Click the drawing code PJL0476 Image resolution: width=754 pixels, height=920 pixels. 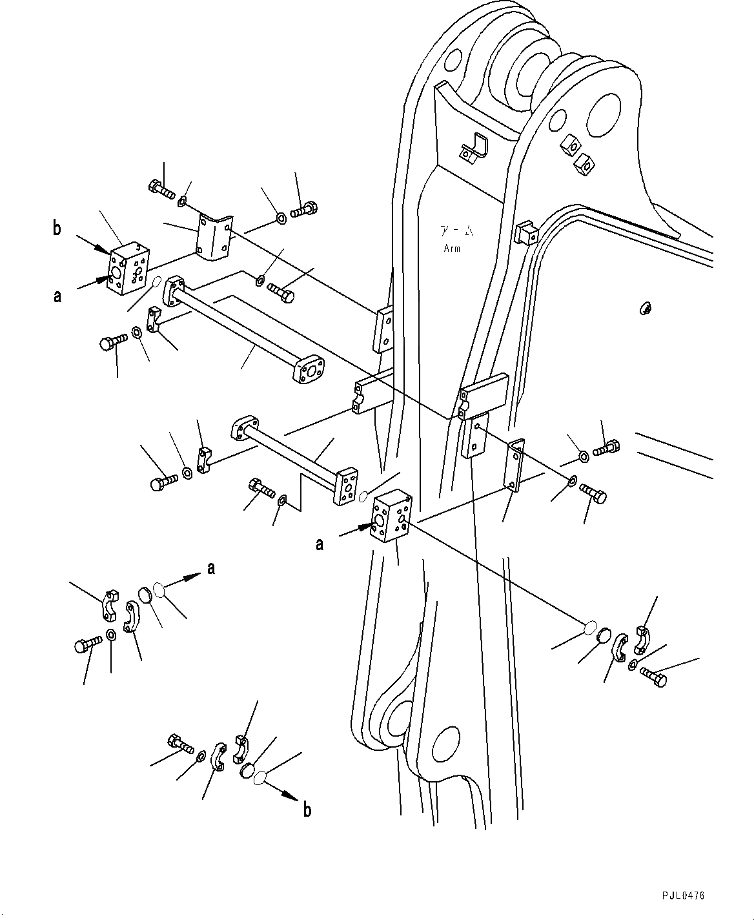click(683, 896)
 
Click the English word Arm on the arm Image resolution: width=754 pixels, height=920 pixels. click(452, 249)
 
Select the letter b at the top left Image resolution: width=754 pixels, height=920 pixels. click(57, 228)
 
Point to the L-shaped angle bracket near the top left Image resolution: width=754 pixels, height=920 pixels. click(214, 237)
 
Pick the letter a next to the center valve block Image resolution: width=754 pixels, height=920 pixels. click(319, 544)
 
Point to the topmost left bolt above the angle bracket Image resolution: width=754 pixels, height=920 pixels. click(161, 189)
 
